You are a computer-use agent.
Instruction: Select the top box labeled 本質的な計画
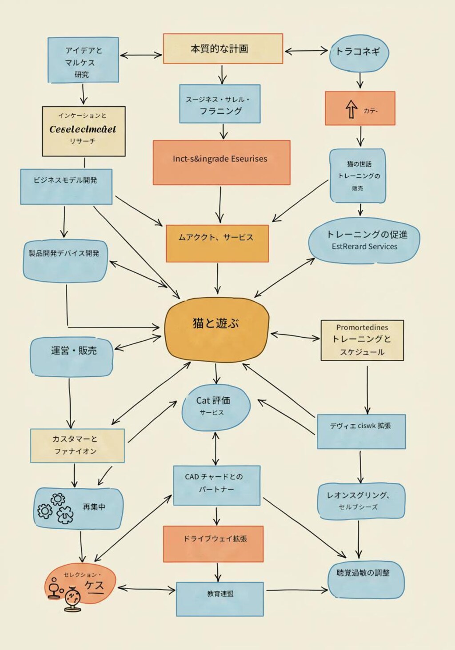click(223, 48)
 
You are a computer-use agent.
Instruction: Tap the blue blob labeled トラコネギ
click(359, 53)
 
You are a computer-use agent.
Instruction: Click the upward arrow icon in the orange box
click(351, 109)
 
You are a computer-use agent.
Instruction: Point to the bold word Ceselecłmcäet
click(83, 129)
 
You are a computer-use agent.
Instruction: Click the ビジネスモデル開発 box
click(66, 186)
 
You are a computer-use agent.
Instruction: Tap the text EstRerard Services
click(364, 247)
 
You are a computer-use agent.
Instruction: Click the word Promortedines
click(362, 327)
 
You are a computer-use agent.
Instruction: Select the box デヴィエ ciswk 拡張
click(361, 431)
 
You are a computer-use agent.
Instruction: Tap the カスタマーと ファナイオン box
click(77, 445)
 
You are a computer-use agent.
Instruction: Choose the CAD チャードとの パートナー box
click(216, 485)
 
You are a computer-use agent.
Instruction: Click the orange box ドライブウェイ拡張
click(213, 543)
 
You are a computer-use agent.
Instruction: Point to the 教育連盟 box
click(220, 598)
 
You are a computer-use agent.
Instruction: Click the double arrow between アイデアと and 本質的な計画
click(141, 55)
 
